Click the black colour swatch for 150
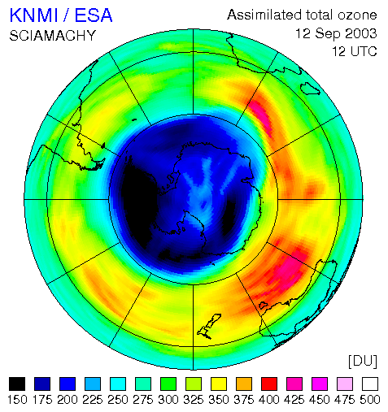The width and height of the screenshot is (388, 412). (x=17, y=384)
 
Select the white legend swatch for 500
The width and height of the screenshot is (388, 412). (x=370, y=384)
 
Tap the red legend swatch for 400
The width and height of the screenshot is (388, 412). (x=269, y=384)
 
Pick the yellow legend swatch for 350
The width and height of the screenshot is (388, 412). (x=219, y=384)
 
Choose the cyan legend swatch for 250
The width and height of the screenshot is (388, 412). (x=118, y=384)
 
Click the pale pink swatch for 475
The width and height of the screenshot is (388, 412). (x=345, y=384)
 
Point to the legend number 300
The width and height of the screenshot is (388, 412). (x=168, y=400)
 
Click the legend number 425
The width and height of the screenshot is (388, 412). (x=294, y=400)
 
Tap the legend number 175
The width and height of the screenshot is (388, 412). (x=42, y=400)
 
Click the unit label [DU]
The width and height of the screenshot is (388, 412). (x=363, y=361)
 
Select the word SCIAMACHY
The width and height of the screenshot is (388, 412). (x=53, y=36)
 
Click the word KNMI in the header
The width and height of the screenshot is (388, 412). (x=34, y=15)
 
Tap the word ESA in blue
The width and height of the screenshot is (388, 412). (x=94, y=15)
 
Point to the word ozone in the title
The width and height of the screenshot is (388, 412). (x=357, y=15)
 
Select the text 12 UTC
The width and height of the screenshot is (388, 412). (x=355, y=51)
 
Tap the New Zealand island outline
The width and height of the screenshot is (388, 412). (x=209, y=326)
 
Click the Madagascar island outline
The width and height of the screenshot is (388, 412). (x=310, y=89)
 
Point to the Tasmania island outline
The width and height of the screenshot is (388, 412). (x=264, y=306)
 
